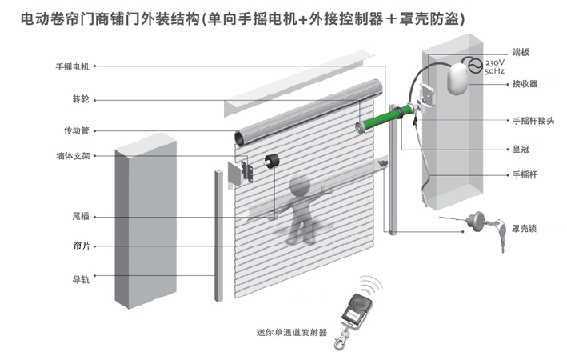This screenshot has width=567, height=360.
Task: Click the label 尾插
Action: pyautogui.click(x=82, y=217)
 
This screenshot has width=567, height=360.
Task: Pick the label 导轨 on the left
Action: pyautogui.click(x=82, y=279)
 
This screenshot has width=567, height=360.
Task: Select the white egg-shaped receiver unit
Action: pyautogui.click(x=457, y=79)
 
